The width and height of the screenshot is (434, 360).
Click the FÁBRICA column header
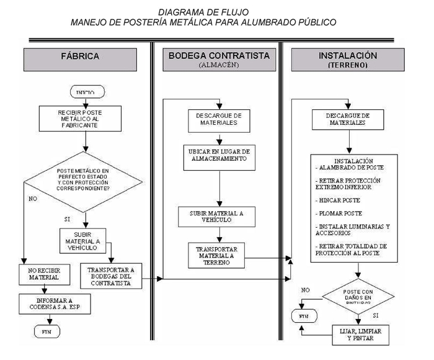click(x=80, y=56)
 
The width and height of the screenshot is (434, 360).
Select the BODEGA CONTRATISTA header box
click(x=218, y=59)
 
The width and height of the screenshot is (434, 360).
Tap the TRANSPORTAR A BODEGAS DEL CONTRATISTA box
click(x=112, y=274)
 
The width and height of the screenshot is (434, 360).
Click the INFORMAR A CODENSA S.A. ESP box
click(x=50, y=304)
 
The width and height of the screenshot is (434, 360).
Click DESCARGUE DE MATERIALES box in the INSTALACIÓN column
click(x=347, y=119)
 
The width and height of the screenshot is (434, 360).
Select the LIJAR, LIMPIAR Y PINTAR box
click(x=360, y=335)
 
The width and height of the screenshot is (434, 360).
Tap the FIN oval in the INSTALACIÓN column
click(x=303, y=317)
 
